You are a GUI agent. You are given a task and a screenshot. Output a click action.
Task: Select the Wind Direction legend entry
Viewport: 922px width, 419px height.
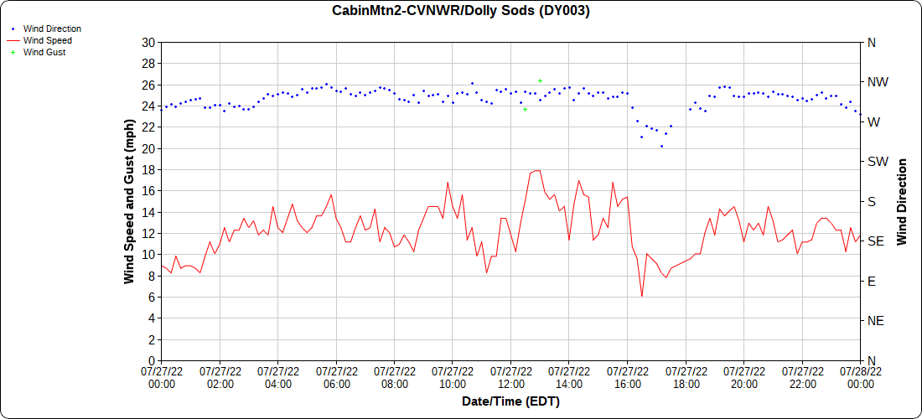point(52,28)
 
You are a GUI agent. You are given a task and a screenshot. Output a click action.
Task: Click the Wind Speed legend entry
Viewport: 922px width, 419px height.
point(48,40)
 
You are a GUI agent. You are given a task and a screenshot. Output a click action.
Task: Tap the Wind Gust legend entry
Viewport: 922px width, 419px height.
point(44,52)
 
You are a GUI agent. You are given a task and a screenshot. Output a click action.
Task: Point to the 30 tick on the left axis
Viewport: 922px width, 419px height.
point(148,43)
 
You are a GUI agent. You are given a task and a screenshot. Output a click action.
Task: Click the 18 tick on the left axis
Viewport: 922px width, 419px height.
point(148,170)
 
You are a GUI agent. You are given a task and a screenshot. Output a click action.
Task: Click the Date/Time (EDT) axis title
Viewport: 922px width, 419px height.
point(510,402)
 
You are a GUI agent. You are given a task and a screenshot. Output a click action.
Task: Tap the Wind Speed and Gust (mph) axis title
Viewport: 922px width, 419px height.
point(130,201)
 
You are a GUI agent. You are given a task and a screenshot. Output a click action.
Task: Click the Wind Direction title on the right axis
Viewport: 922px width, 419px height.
point(903,201)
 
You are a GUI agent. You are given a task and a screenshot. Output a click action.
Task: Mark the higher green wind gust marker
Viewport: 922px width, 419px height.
point(540,81)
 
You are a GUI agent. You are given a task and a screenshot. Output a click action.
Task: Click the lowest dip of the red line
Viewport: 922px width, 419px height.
point(642,296)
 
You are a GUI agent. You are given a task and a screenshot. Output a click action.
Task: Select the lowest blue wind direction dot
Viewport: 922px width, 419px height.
point(661,147)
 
